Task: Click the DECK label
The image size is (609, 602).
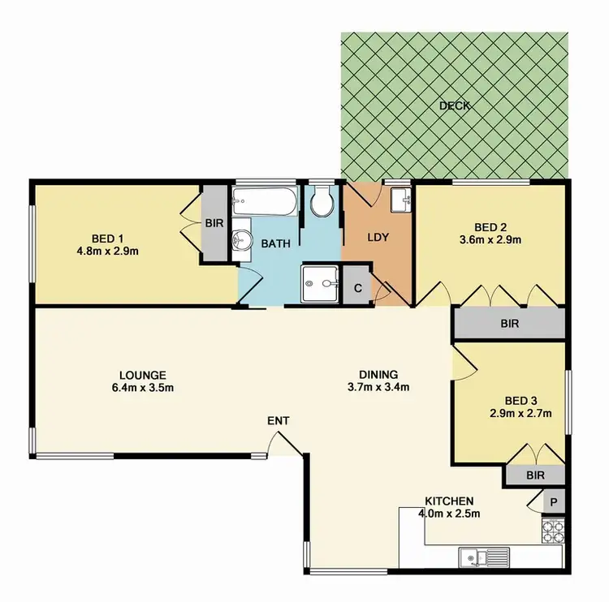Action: point(455,105)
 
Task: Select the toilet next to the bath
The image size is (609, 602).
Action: point(322,203)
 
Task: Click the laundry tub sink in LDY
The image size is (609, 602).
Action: point(401,200)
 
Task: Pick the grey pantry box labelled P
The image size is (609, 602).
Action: point(555,503)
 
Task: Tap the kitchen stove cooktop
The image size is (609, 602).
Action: point(552,531)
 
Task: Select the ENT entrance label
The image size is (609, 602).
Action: point(278,420)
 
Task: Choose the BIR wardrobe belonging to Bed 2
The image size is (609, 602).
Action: point(508,323)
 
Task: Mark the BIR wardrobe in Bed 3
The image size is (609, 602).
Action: point(533,475)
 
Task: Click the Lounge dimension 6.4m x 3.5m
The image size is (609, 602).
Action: point(142,388)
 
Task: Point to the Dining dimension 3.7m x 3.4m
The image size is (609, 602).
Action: point(378,387)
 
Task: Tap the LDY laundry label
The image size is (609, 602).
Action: point(378,238)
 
